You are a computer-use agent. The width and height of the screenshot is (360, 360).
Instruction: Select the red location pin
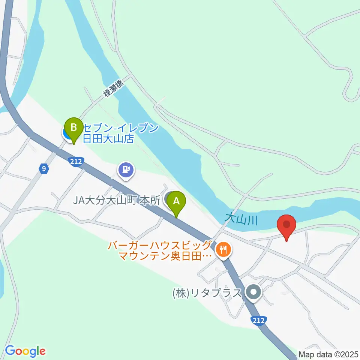pos(286,226)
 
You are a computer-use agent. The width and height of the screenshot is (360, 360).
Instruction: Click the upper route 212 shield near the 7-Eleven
pos(76,162)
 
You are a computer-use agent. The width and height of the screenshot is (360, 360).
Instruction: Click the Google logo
pos(25,351)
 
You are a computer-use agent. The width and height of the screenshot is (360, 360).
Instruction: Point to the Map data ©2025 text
pos(328,354)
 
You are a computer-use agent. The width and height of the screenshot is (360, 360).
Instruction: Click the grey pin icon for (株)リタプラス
pos(254,292)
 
